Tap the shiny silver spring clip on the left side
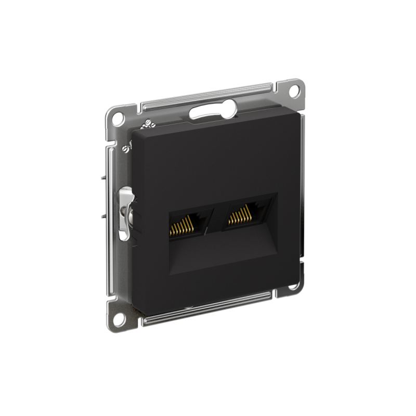tap(125, 213)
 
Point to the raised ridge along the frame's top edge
tap(208, 94)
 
